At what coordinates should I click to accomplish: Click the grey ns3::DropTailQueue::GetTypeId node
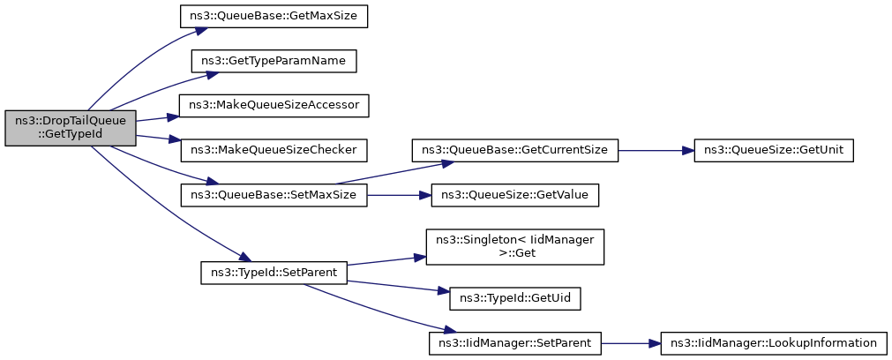71,128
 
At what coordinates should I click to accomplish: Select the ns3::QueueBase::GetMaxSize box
274,17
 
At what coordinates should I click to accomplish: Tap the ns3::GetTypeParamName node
274,61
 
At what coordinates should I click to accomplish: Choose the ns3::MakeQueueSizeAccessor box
274,106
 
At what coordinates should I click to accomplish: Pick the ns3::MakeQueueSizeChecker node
274,150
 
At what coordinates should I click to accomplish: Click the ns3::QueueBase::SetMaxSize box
274,195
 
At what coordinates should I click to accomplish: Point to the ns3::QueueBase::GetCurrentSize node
515,150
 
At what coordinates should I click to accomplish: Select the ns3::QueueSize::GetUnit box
774,150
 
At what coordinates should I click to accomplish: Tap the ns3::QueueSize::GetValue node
515,195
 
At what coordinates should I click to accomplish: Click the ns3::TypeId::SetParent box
274,273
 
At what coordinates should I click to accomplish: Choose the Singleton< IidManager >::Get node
515,246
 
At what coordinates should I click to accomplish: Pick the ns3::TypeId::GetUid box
515,298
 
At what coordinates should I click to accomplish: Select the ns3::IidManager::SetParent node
515,343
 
